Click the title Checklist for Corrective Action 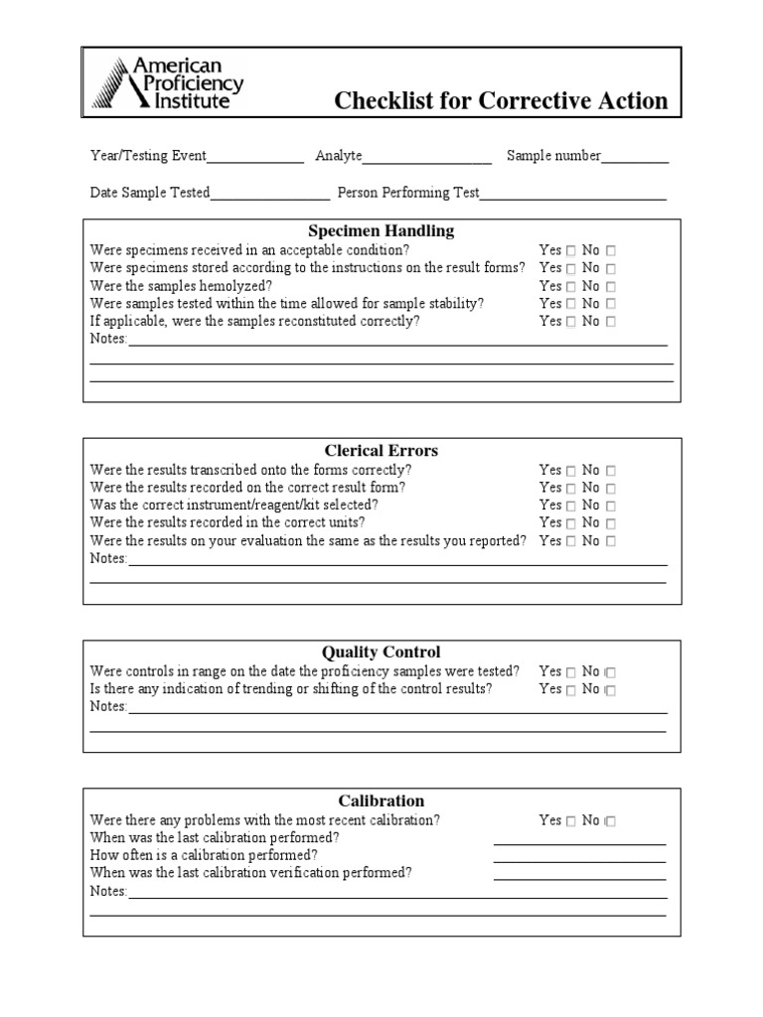click(x=501, y=101)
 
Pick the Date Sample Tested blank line click(x=269, y=194)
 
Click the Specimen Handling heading click(x=381, y=230)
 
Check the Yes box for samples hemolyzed click(x=571, y=286)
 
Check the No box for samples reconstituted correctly click(x=611, y=322)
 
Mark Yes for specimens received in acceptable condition click(x=571, y=251)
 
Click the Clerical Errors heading click(x=381, y=450)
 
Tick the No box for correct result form click(x=611, y=489)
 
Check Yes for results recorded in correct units click(x=571, y=523)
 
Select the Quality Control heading click(x=381, y=652)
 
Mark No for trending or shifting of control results click(x=611, y=690)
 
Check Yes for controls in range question click(x=571, y=672)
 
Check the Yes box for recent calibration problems click(x=571, y=821)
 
